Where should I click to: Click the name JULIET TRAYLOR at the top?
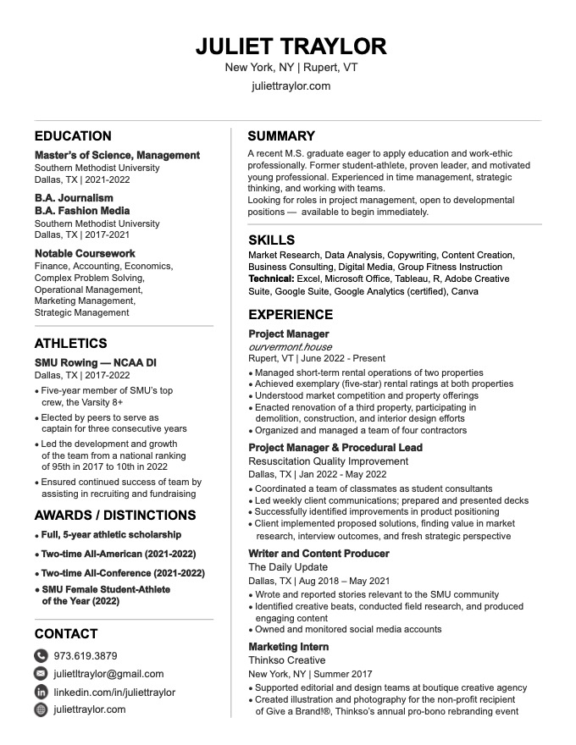pos(291,46)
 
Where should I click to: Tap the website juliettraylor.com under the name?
pos(291,86)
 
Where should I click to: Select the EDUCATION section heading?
pos(73,136)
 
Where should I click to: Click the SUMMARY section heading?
pos(281,136)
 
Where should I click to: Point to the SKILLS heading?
pos(271,240)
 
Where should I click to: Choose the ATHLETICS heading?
pos(70,344)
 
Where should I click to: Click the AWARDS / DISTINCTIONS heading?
pos(115,516)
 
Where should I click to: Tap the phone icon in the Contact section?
pos(41,656)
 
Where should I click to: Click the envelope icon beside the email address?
pos(41,674)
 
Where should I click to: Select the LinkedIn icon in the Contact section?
pos(41,692)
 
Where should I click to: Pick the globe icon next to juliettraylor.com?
pos(41,709)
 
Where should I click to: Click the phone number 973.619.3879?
pos(86,656)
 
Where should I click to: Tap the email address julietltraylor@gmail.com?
pos(108,674)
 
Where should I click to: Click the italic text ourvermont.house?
pos(290,347)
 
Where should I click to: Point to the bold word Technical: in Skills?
pos(271,279)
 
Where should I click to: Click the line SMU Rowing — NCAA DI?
pos(96,362)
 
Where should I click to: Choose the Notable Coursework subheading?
pos(85,253)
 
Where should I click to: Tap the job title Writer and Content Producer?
pos(318,554)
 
